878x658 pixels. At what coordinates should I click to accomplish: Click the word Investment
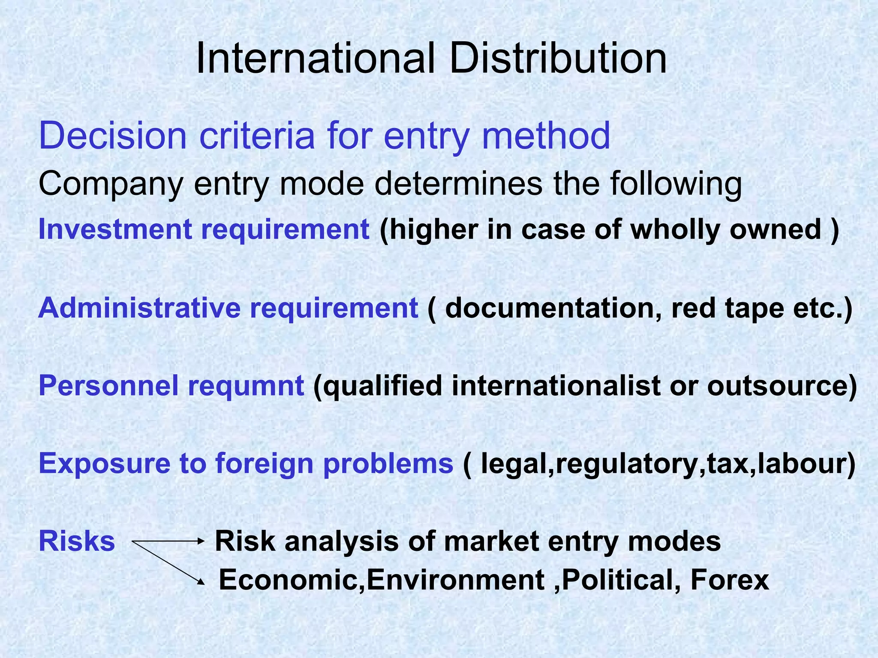click(115, 229)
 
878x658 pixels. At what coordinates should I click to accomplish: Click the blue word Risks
click(77, 541)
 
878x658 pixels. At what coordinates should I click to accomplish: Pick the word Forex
click(730, 580)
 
